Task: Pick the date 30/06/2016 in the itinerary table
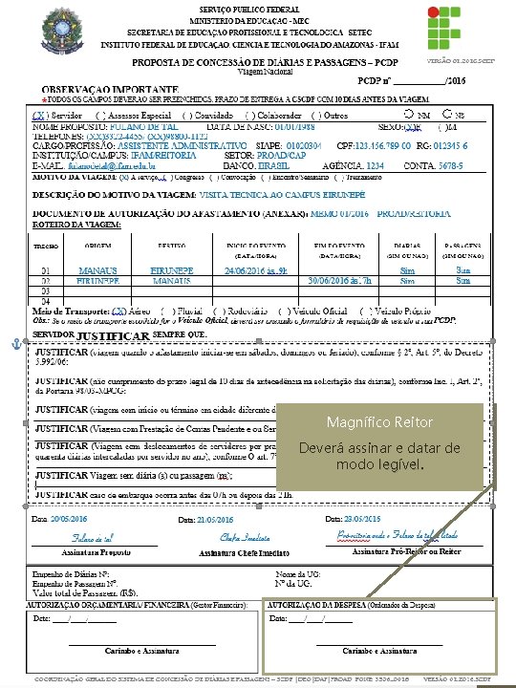tap(325, 282)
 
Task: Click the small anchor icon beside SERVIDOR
tap(15, 342)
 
